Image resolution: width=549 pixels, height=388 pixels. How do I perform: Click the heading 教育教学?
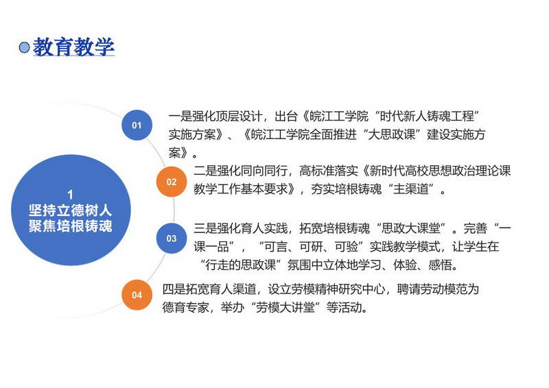point(73,47)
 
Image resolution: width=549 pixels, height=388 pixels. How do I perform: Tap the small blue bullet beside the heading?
point(24,47)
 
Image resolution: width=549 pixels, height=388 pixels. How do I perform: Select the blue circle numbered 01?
point(137,125)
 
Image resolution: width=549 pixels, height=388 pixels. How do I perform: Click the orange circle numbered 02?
point(172,182)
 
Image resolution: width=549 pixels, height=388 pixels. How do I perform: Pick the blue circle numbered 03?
point(172,239)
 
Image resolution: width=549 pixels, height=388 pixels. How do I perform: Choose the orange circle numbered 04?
point(137,295)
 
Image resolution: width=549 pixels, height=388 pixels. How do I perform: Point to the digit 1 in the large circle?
point(71,195)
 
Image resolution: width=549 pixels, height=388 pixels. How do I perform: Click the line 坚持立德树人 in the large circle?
point(71,210)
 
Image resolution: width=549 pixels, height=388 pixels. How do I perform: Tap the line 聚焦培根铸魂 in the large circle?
point(71,226)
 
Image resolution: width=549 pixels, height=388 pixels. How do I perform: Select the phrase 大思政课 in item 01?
point(392,134)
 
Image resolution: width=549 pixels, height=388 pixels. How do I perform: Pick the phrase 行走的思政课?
point(241,265)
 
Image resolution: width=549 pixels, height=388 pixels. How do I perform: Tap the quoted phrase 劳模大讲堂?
point(285,308)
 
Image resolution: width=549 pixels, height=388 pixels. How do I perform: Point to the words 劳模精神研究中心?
point(338,289)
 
